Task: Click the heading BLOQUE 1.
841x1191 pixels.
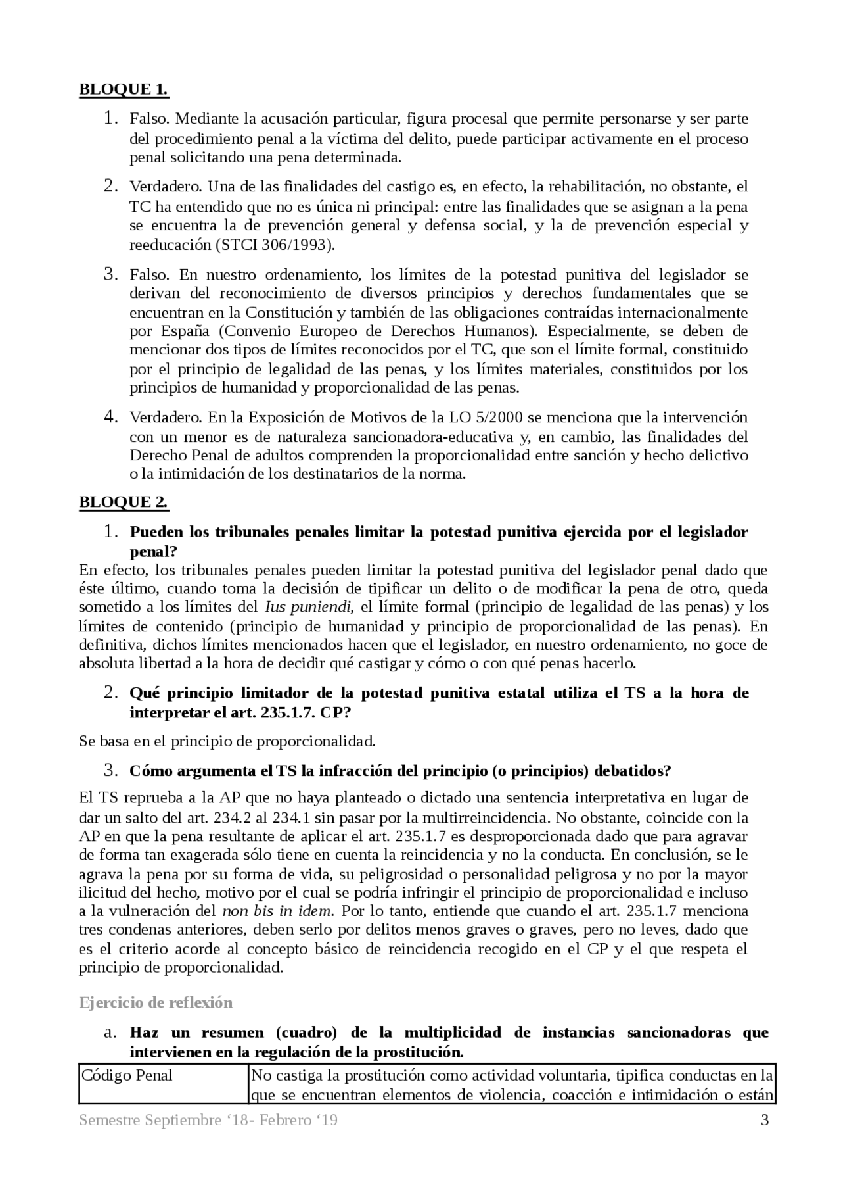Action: [x=124, y=89]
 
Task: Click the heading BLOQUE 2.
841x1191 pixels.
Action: [x=124, y=502]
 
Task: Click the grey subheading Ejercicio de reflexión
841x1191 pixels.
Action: [x=156, y=1002]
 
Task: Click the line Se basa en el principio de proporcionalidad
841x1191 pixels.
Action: [x=227, y=741]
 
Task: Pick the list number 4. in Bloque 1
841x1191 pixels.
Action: [x=110, y=417]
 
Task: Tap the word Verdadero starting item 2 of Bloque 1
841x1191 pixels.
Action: [x=165, y=187]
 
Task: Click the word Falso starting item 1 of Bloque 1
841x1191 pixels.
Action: [x=150, y=120]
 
